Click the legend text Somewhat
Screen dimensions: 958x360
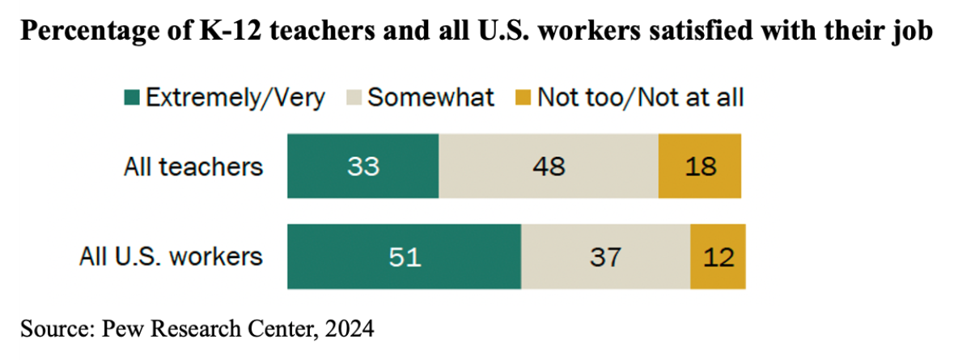click(x=430, y=98)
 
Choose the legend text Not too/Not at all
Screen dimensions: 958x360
click(x=640, y=98)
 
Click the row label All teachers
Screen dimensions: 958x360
click(x=193, y=167)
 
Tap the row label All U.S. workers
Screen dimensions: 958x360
click(x=171, y=256)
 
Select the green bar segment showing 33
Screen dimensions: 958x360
click(x=363, y=166)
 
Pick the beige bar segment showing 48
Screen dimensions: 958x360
click(x=549, y=166)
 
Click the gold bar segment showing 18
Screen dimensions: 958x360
click(x=700, y=166)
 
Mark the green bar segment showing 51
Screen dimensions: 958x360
click(x=405, y=256)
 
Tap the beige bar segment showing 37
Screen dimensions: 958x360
click(x=606, y=256)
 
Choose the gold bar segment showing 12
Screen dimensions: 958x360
click(x=718, y=256)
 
